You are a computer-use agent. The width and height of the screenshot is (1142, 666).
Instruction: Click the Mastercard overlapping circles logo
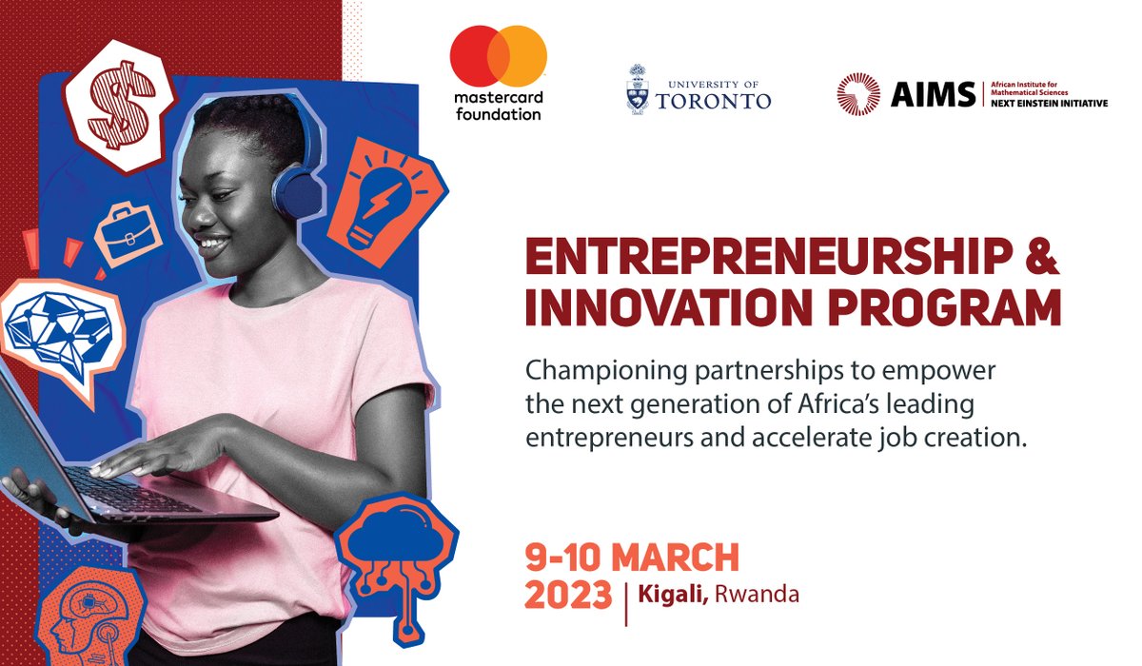(x=498, y=57)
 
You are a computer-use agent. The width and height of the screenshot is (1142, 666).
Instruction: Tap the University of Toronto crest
(x=638, y=89)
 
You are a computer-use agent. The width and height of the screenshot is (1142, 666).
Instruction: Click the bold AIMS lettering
(x=920, y=93)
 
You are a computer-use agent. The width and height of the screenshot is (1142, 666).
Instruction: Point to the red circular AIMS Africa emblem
(x=858, y=93)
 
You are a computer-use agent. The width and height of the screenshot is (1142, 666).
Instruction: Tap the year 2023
(x=569, y=595)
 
